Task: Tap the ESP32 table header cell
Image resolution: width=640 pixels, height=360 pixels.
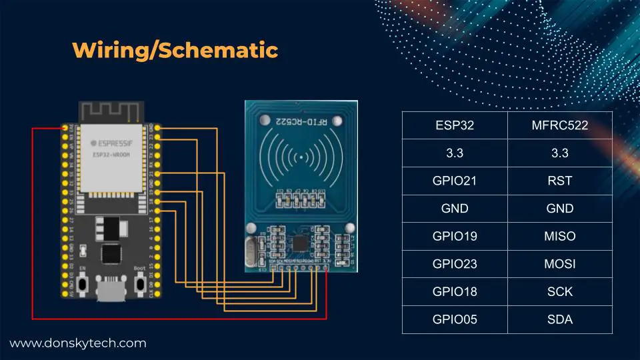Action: tap(454, 125)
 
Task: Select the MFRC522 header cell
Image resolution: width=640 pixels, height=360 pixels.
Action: tap(559, 125)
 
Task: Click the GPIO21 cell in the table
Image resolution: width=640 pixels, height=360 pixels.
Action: tap(454, 180)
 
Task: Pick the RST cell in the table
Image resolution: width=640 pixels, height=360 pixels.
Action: tap(559, 180)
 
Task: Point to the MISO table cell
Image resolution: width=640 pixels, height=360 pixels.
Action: tap(559, 236)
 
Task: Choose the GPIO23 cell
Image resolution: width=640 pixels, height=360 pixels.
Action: tap(454, 264)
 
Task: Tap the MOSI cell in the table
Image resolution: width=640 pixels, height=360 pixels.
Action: tap(559, 264)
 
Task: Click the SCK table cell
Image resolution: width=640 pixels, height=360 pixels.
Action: tap(559, 292)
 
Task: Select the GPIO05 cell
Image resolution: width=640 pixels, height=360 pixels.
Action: tap(454, 320)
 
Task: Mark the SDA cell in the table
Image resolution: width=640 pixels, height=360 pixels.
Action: tap(559, 320)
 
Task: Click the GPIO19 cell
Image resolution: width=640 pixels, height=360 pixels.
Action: tap(454, 236)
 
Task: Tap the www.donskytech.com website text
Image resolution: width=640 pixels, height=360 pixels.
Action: tap(77, 343)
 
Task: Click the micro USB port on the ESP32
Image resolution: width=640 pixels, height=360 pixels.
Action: tap(110, 291)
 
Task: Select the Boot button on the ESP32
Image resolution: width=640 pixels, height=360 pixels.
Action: tap(140, 283)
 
